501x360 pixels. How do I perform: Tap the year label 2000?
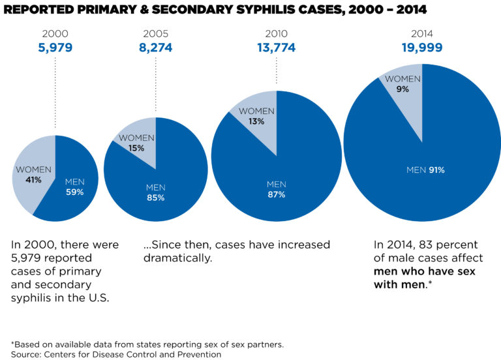pos(55,33)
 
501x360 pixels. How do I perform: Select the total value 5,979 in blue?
pos(55,47)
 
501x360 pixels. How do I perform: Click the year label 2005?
pos(155,33)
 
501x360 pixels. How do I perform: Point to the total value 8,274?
pos(155,47)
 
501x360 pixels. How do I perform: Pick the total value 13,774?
pos(276,47)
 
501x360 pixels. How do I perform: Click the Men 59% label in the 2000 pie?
pos(74,187)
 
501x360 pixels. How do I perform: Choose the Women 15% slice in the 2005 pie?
pos(138,143)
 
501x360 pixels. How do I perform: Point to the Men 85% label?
pos(155,193)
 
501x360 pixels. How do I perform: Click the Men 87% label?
pos(276,189)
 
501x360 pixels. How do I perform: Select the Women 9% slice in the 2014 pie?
pos(402,83)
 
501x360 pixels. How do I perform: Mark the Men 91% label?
pos(425,170)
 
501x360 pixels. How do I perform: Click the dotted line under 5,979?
pos(55,92)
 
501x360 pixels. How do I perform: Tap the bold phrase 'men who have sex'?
pos(425,271)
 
